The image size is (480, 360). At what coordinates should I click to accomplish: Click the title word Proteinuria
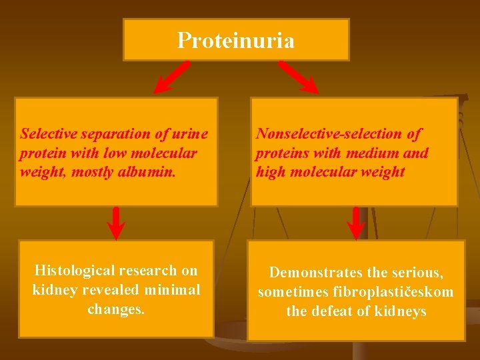(x=235, y=41)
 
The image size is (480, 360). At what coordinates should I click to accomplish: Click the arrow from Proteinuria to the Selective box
(x=172, y=77)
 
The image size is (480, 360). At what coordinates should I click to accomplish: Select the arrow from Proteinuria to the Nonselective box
(x=299, y=77)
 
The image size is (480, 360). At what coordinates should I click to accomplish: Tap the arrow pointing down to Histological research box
(x=116, y=223)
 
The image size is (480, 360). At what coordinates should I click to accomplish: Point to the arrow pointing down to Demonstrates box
(x=357, y=223)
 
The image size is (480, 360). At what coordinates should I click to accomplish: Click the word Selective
(x=46, y=134)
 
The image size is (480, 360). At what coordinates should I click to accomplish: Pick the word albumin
(x=169, y=172)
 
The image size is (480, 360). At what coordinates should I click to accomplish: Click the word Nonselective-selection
(x=330, y=134)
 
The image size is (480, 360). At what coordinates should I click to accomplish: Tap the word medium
(x=373, y=153)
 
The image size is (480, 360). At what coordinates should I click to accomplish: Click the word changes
(x=115, y=309)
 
